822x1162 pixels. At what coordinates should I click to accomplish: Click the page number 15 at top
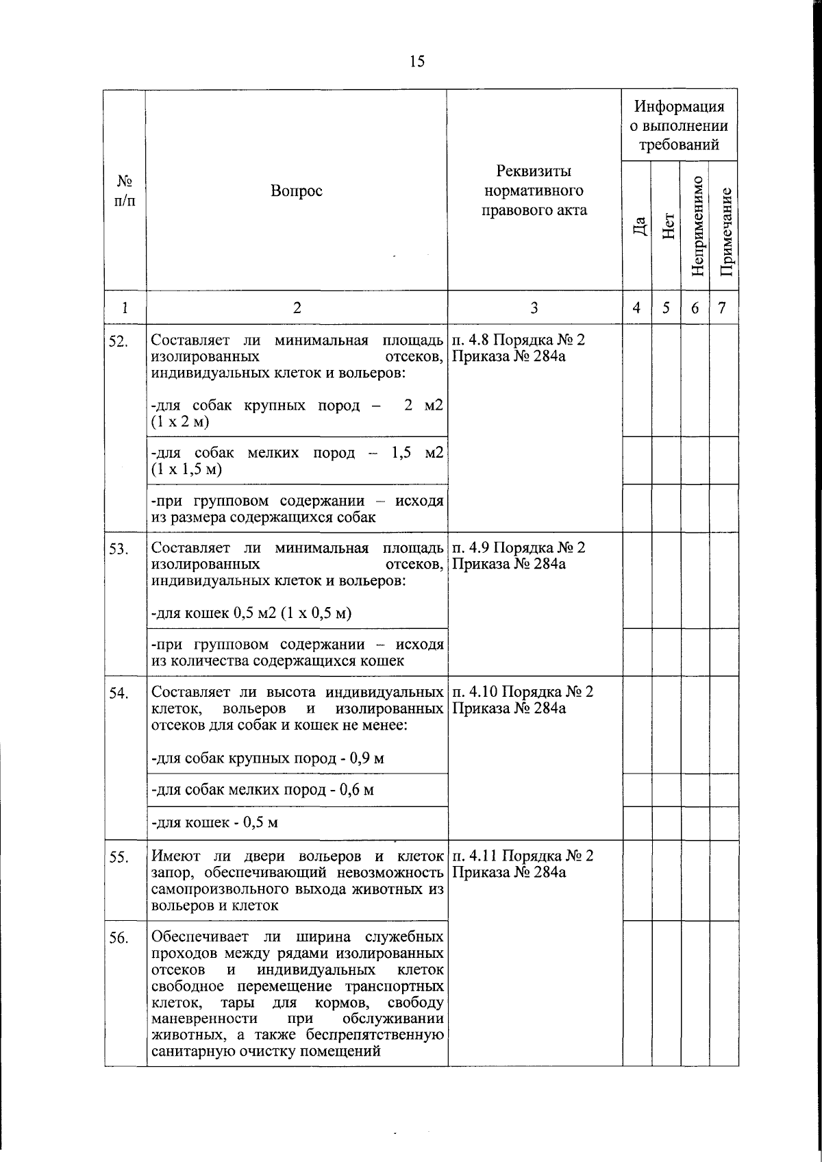(x=417, y=62)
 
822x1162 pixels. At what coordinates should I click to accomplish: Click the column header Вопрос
(x=296, y=191)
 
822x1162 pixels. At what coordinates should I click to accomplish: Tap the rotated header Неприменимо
(x=696, y=226)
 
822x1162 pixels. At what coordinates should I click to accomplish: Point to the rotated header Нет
(x=667, y=227)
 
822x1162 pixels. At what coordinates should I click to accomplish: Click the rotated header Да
(x=638, y=227)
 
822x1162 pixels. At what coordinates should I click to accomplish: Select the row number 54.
(x=119, y=693)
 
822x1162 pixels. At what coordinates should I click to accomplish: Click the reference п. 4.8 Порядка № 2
(x=519, y=340)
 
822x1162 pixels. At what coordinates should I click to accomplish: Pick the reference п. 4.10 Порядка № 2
(x=523, y=691)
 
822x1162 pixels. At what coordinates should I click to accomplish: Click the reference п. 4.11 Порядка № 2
(x=523, y=856)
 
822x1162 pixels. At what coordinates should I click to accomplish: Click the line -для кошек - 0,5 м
(x=214, y=822)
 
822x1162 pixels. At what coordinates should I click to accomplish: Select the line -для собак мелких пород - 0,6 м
(x=262, y=789)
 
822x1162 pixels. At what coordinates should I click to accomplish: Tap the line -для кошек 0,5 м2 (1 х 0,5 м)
(x=251, y=613)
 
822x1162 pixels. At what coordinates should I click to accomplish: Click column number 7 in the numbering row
(x=721, y=308)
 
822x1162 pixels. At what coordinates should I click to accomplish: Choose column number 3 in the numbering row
(x=534, y=308)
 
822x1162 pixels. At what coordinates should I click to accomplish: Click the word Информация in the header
(x=678, y=107)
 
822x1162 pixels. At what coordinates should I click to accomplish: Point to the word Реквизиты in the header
(x=534, y=171)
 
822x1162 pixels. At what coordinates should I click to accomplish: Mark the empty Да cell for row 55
(x=637, y=880)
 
